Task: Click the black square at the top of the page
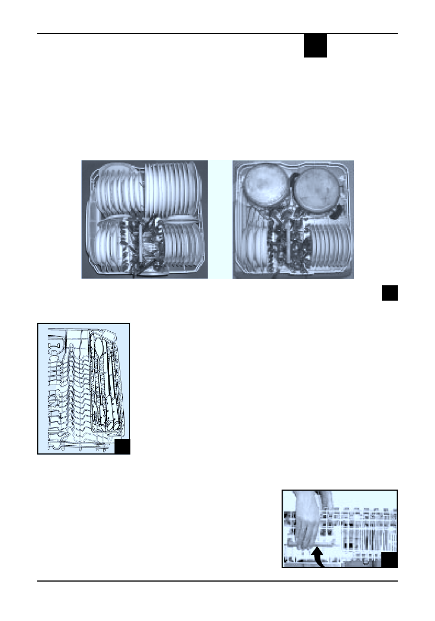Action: [316, 46]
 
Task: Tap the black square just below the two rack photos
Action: [389, 293]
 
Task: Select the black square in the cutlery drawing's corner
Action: [122, 447]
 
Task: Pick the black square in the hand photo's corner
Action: [389, 560]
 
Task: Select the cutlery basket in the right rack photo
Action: [289, 244]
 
